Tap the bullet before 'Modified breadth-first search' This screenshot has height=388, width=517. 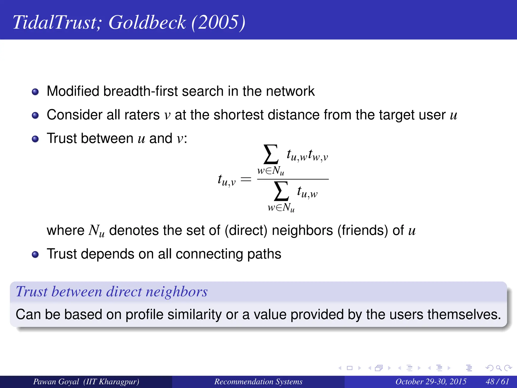point(35,92)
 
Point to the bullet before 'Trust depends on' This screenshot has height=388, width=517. point(35,254)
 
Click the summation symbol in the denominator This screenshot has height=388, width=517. point(281,191)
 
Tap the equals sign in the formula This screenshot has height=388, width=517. point(246,179)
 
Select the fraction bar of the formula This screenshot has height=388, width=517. point(293,179)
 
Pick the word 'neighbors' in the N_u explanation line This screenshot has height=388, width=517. point(302,230)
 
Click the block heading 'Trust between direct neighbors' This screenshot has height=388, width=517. point(112,292)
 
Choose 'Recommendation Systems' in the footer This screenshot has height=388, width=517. point(258,381)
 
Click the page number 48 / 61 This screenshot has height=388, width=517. point(497,381)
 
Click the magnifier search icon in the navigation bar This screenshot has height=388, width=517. point(499,368)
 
